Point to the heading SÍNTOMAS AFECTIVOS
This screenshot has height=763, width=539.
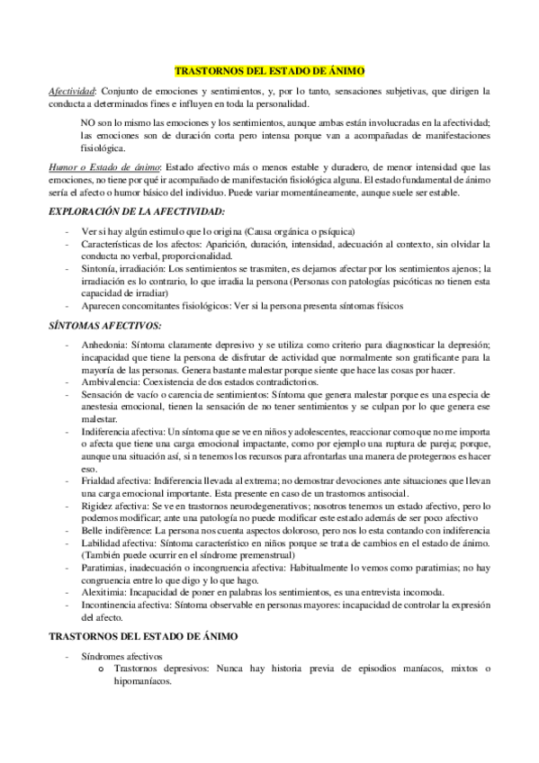tap(104, 324)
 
